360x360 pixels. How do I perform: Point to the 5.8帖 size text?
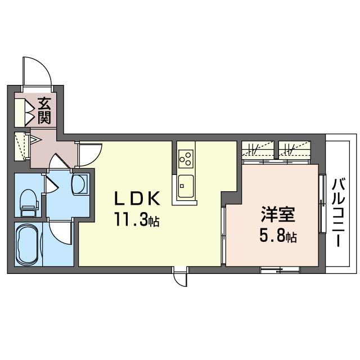[x=277, y=237]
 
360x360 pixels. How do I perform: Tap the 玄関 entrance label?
[x=44, y=110]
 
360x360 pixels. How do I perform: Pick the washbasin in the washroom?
[x=80, y=184]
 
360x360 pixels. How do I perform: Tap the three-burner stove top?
[x=185, y=159]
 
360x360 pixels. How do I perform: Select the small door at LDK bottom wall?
[x=180, y=277]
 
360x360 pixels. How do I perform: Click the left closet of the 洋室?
[x=259, y=150]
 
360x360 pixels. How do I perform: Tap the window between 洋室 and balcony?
[x=322, y=204]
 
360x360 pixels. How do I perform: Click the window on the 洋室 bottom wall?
[x=280, y=270]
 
